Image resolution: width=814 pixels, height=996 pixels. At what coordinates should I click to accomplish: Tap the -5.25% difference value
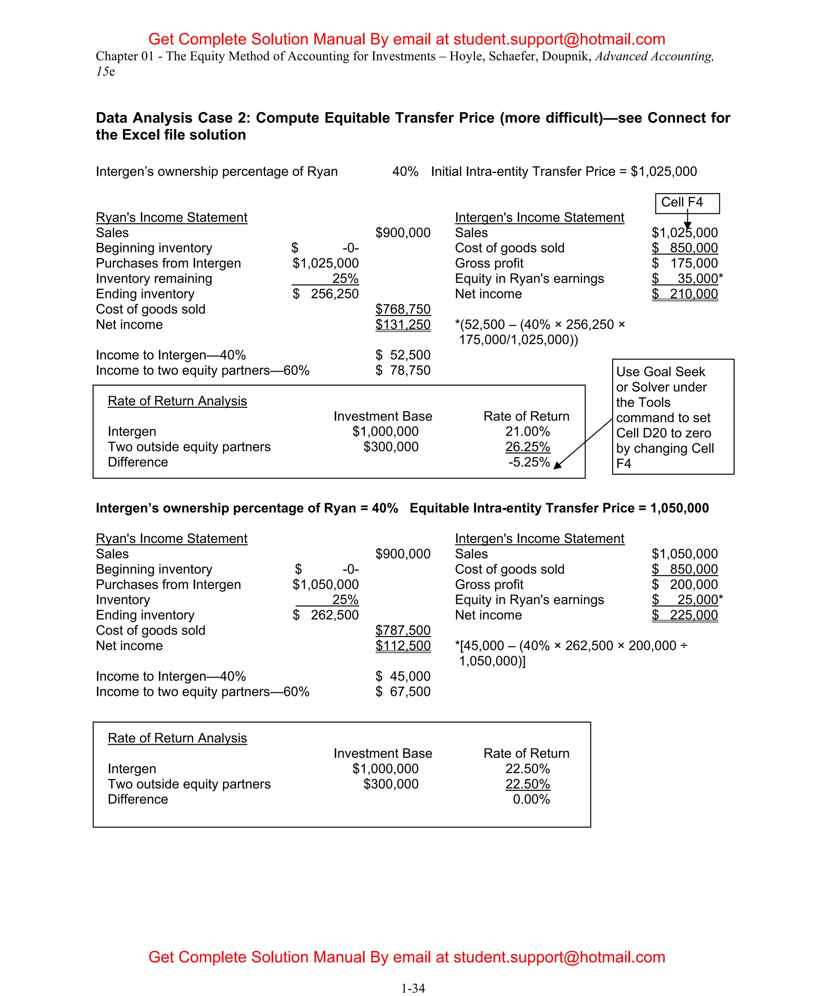(x=529, y=462)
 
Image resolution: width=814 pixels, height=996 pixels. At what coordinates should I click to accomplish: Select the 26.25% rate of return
(x=527, y=447)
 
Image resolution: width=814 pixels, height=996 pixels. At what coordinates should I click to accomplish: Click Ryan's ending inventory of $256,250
(x=326, y=294)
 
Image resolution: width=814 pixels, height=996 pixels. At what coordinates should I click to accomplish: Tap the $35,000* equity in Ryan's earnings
(x=687, y=279)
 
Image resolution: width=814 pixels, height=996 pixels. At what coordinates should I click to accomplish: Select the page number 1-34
(x=413, y=988)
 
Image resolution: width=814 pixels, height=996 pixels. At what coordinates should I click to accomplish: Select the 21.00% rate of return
(x=527, y=431)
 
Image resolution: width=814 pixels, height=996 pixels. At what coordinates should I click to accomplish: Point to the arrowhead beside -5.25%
(x=558, y=465)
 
